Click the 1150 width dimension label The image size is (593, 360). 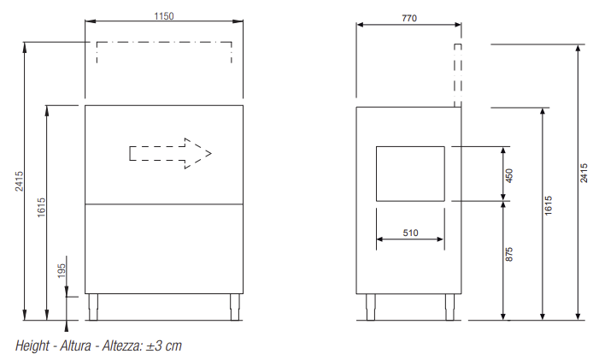coord(164,16)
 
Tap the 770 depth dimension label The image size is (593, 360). coord(409,18)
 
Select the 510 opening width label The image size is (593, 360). coord(410,233)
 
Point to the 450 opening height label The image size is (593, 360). coord(509,175)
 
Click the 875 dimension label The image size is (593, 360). coord(509,254)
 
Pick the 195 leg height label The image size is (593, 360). coord(62,271)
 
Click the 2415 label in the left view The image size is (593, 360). coord(20,181)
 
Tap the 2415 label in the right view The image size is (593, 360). coord(584,173)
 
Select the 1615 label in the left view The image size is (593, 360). coord(41,207)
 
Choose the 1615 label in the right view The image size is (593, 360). coord(549,205)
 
